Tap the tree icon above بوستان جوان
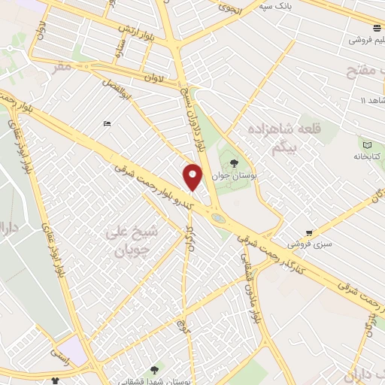pyautogui.click(x=234, y=162)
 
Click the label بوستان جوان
pyautogui.click(x=230, y=175)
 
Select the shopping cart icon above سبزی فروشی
pyautogui.click(x=309, y=232)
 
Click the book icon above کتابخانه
pyautogui.click(x=367, y=144)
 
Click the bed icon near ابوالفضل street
pyautogui.click(x=108, y=123)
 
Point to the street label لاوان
pyautogui.click(x=153, y=78)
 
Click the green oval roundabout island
pyautogui.click(x=218, y=219)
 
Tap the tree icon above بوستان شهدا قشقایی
pyautogui.click(x=155, y=369)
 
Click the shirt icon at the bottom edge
pyautogui.click(x=56, y=381)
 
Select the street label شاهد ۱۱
pyautogui.click(x=373, y=101)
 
